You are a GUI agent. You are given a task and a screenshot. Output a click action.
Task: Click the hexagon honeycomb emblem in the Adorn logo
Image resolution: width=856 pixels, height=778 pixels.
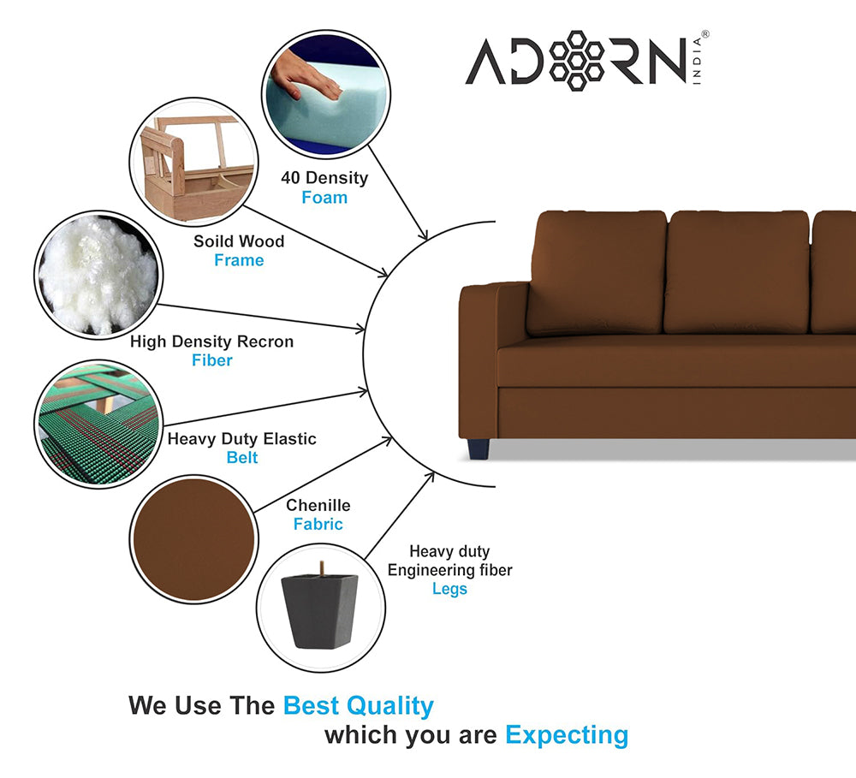[576, 60]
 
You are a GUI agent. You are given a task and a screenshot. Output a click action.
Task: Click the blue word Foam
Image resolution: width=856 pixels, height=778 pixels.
[324, 197]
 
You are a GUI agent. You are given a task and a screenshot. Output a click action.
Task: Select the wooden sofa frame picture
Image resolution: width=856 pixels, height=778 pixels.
[193, 162]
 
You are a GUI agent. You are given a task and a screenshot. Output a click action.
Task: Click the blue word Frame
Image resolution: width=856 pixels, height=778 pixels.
[239, 260]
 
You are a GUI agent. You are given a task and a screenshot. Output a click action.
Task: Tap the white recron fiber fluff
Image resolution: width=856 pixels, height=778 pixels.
[98, 275]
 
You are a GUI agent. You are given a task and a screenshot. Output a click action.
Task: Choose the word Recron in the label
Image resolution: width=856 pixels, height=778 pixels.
[265, 341]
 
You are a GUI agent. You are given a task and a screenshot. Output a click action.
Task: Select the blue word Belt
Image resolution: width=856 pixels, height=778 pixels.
[242, 458]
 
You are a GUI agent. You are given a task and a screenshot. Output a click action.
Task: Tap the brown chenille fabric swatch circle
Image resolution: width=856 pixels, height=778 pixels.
[193, 539]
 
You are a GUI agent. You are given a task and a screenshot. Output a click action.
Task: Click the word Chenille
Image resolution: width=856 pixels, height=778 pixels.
[318, 505]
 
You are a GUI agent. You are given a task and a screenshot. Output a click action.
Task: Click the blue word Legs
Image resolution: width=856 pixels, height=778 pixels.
[450, 589]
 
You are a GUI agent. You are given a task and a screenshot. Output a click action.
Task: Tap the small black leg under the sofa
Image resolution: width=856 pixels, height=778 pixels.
[479, 448]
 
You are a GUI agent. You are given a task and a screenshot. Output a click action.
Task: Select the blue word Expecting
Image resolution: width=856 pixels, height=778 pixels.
[567, 735]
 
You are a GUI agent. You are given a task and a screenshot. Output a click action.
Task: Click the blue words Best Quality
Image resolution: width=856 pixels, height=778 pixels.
[358, 706]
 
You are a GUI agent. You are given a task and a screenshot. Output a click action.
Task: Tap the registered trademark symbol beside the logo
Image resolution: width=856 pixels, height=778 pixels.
[704, 34]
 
